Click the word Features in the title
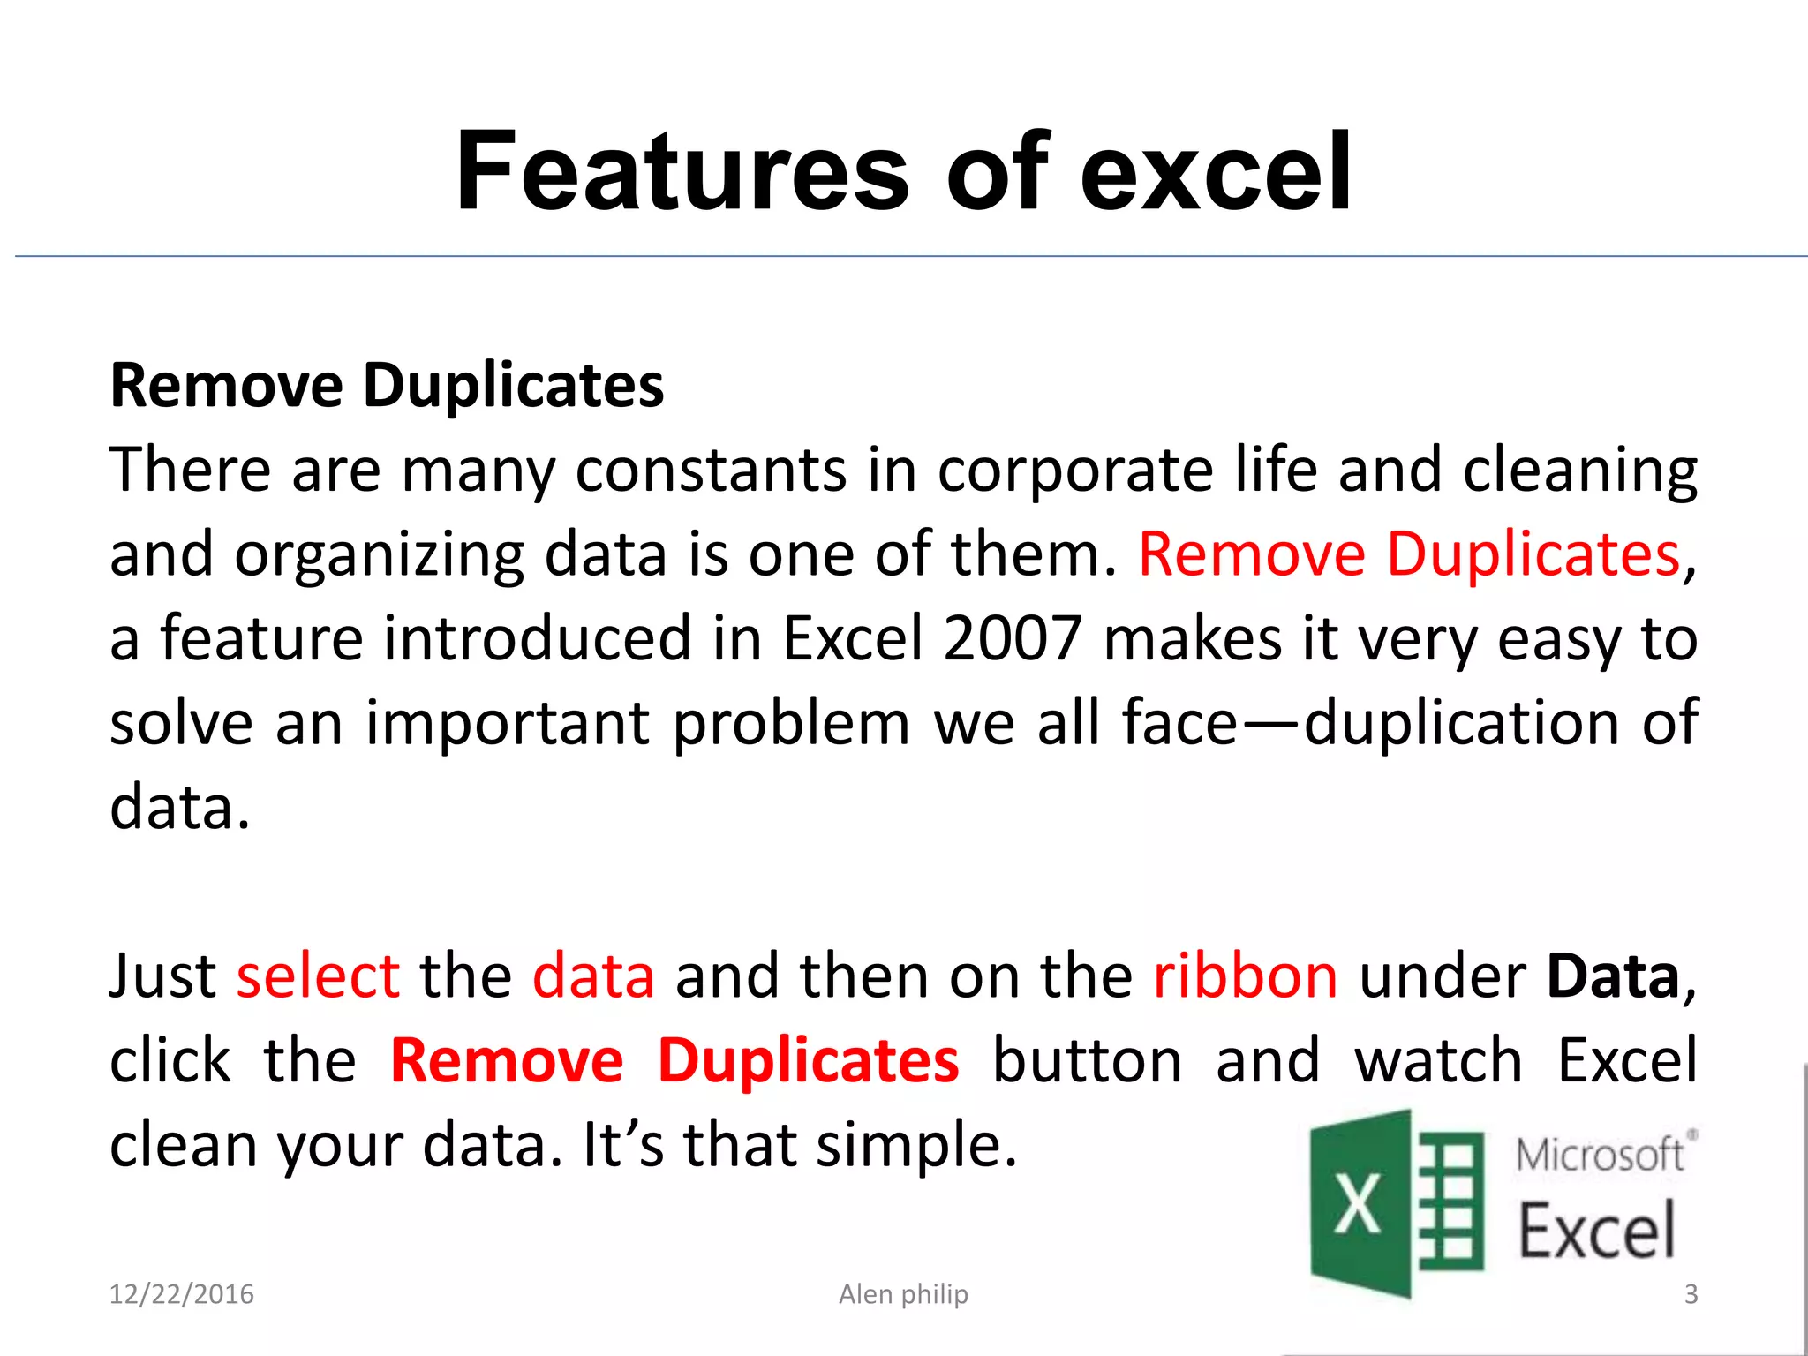[682, 171]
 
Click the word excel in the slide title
[1216, 171]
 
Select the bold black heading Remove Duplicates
[387, 386]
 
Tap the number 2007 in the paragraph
[1012, 638]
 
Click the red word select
[318, 976]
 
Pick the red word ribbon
[1245, 976]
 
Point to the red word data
[593, 976]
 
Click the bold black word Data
[1613, 976]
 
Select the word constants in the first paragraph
[711, 470]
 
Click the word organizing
[380, 554]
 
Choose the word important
[508, 723]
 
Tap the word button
[1087, 1060]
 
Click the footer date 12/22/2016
[181, 1294]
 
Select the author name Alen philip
[903, 1294]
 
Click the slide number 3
[1691, 1294]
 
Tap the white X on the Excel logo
[1357, 1204]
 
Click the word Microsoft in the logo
[1599, 1155]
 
